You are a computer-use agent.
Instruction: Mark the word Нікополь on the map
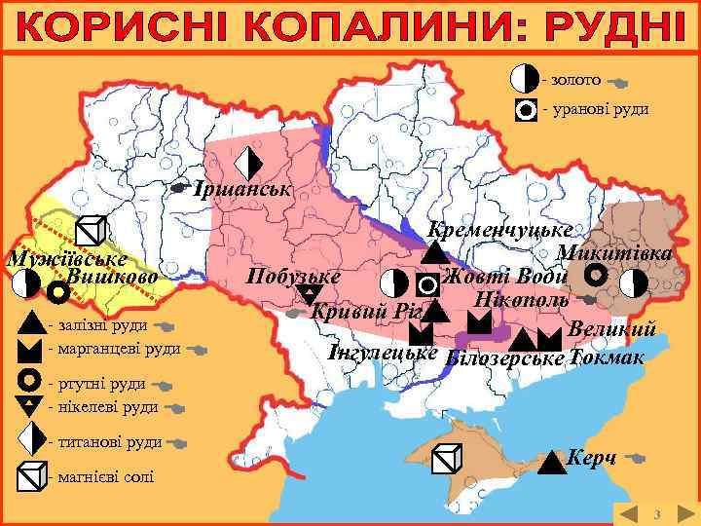tap(522, 296)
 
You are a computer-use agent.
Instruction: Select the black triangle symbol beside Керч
tap(552, 461)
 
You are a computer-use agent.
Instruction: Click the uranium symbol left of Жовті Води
tap(427, 284)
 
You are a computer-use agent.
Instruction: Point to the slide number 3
tap(657, 513)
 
